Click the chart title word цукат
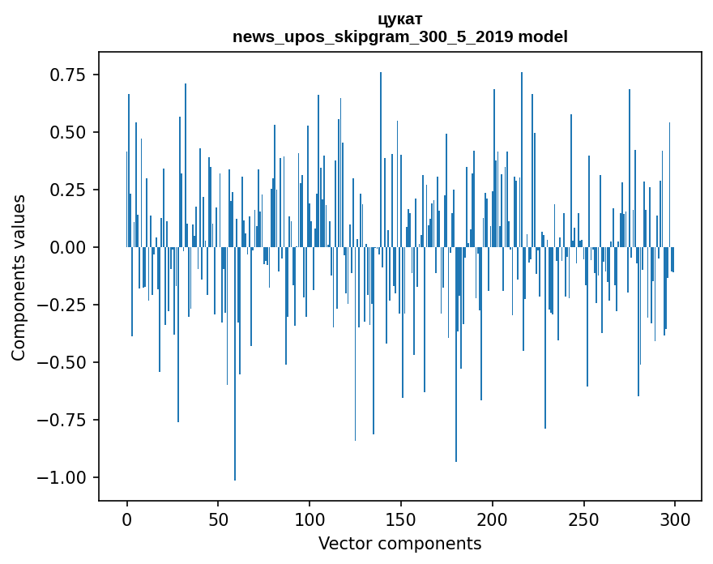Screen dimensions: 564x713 (400, 19)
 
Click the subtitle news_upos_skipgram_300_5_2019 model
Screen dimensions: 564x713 (400, 36)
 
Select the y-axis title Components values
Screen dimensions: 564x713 (19, 278)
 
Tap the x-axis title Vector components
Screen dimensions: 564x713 (400, 544)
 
